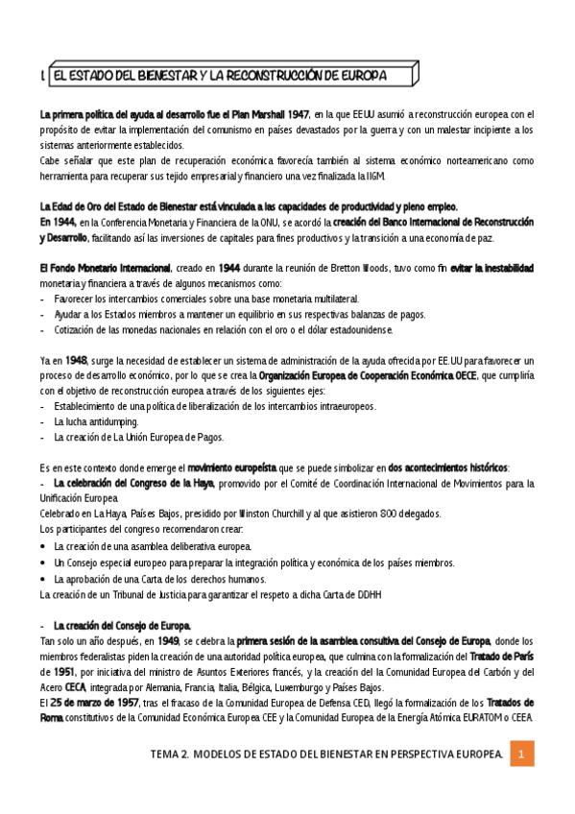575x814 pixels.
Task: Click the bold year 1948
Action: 77,360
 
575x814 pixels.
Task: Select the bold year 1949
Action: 167,640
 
